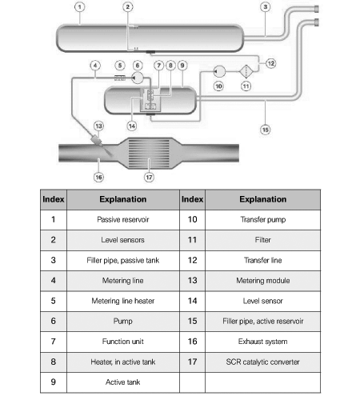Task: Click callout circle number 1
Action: coord(79,7)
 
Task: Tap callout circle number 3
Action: coord(265,7)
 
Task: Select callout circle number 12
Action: coord(270,63)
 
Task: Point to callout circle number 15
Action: coord(265,130)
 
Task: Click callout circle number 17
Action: coord(149,178)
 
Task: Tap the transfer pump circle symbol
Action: coord(219,71)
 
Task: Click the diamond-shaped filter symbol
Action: coord(246,71)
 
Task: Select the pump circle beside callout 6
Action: coord(138,78)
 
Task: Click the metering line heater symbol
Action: coord(120,78)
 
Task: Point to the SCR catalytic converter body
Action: coord(149,154)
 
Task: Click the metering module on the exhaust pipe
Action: coord(96,139)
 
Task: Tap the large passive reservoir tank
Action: coord(150,38)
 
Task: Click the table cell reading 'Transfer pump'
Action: coord(262,220)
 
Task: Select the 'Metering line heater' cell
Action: coord(123,301)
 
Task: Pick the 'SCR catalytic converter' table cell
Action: coord(262,362)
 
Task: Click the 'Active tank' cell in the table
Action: coord(123,382)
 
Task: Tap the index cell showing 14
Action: coord(192,301)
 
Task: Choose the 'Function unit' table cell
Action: coord(123,342)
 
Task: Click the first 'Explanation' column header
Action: coord(123,199)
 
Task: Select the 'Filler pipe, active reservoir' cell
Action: coord(262,322)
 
